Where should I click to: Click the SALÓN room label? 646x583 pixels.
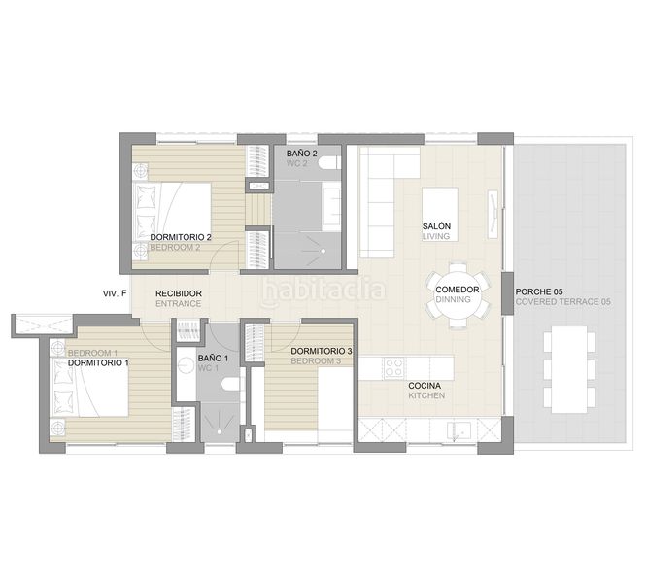[x=436, y=226]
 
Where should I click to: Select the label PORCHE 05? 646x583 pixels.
[x=538, y=291]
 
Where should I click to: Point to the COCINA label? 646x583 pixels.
[x=426, y=386]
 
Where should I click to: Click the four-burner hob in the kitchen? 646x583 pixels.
[x=394, y=369]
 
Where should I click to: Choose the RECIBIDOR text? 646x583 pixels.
[x=179, y=292]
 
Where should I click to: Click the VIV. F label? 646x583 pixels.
[x=115, y=292]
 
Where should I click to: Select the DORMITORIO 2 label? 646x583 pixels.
[x=181, y=237]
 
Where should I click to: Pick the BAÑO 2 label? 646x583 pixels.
[x=302, y=154]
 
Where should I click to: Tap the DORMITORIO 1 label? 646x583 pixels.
[x=98, y=362]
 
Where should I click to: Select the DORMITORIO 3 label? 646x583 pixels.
[x=321, y=351]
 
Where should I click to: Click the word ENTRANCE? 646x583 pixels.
[x=178, y=303]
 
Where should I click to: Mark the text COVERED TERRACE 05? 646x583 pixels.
[x=562, y=302]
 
